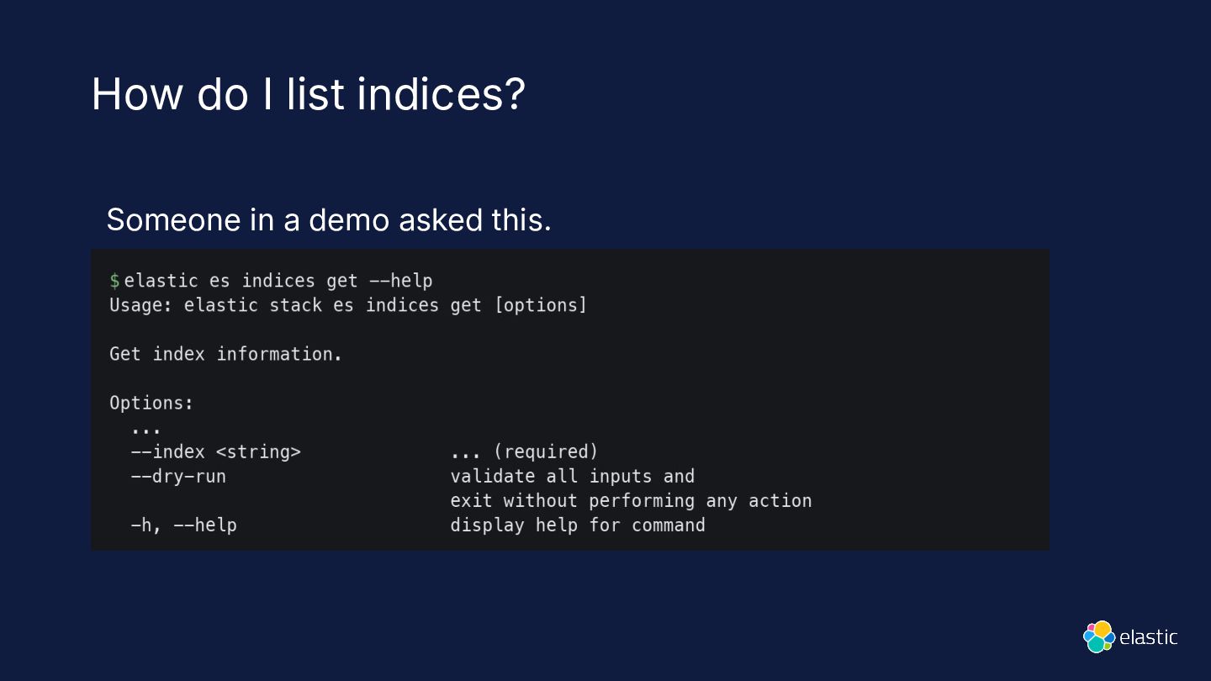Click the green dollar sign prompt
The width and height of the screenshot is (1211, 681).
tap(114, 281)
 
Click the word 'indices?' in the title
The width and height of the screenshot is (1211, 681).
tap(442, 94)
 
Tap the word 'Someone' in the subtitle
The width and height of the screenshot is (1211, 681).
tap(173, 220)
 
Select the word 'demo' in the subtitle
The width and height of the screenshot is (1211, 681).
tap(349, 220)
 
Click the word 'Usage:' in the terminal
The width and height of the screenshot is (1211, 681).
tap(140, 305)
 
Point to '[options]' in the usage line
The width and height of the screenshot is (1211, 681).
tap(541, 306)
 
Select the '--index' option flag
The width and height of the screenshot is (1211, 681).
tap(168, 451)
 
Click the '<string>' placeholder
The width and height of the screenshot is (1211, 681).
tap(258, 452)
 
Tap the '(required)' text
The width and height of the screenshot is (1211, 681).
tap(546, 451)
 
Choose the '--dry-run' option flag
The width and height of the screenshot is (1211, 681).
tap(178, 477)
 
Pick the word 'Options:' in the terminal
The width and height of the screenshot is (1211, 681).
tap(151, 404)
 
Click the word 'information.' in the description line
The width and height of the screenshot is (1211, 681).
tap(279, 354)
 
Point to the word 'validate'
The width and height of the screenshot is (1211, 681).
tap(493, 476)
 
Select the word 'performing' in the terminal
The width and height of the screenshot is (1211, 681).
tap(642, 501)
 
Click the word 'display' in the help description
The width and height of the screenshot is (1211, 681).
tap(487, 525)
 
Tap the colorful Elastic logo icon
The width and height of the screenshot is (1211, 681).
tap(1099, 636)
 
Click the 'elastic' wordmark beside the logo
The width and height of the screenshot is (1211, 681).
tap(1148, 638)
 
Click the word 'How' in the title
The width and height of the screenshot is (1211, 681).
tap(137, 94)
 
